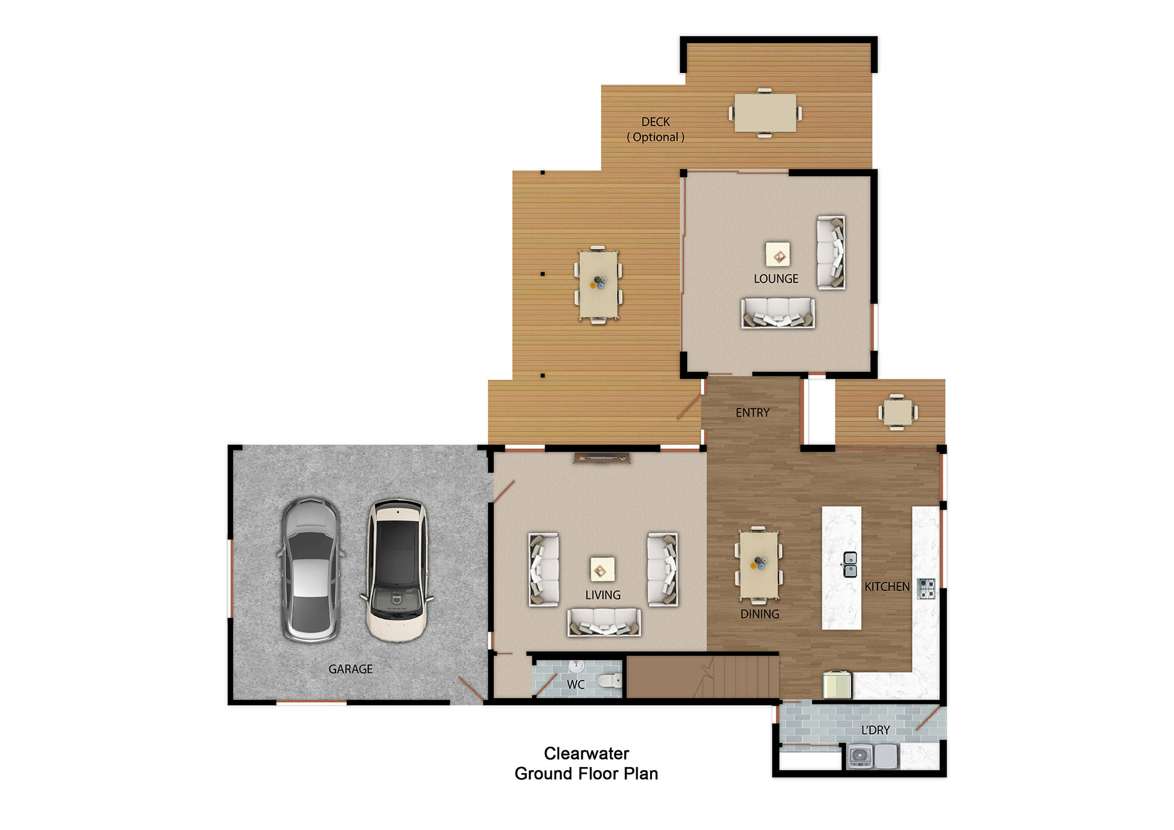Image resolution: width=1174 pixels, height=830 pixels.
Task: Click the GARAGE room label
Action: coord(350,669)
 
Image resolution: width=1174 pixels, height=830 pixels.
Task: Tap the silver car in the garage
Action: coord(310,570)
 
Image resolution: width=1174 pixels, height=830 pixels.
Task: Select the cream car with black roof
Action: coord(397,570)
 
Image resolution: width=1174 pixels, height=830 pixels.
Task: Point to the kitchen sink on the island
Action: coord(850,564)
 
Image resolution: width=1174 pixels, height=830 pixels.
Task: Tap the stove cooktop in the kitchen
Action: coord(926,588)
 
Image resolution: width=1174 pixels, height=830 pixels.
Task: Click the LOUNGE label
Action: coord(775,279)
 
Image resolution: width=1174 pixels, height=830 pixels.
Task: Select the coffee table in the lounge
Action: coord(778,254)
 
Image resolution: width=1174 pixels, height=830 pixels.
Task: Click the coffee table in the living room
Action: coord(602,569)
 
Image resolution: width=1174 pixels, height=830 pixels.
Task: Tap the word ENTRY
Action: coord(752,413)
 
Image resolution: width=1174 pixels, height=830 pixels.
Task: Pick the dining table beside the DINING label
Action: coord(759,564)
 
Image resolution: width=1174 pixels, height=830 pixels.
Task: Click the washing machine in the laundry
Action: coord(860,756)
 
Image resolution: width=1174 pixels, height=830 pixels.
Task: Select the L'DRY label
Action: coord(876,730)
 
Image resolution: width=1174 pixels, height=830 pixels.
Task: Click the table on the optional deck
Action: coord(764,112)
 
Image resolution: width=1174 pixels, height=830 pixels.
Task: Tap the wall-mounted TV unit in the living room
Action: coord(601,458)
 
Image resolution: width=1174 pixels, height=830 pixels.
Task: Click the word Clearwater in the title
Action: coord(586,753)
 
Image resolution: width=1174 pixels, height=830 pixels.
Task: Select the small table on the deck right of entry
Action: coord(897,412)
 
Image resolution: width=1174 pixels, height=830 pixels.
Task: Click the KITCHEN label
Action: coord(887,587)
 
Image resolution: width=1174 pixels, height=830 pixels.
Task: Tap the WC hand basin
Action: coord(576,666)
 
